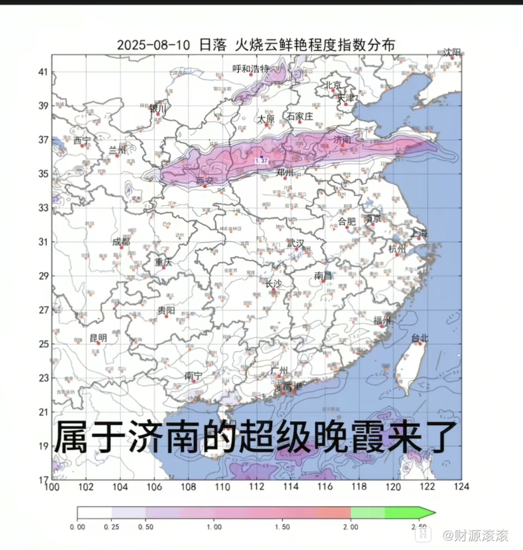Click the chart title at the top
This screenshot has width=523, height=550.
[255, 44]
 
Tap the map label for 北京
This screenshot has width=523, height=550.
[333, 85]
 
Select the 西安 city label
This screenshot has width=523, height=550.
[204, 181]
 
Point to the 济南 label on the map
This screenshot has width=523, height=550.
[342, 140]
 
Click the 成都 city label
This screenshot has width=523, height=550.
[121, 242]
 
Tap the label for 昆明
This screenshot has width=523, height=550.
[98, 338]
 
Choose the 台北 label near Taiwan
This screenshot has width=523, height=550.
[419, 338]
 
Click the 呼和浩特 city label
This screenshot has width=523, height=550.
[251, 69]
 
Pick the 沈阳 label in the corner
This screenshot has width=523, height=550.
[452, 52]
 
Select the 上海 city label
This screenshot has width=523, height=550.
[419, 233]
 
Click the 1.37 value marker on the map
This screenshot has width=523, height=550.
[262, 160]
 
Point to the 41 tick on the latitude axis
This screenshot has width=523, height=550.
[43, 72]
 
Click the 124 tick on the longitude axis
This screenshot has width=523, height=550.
[461, 486]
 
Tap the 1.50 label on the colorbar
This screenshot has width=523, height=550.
[282, 527]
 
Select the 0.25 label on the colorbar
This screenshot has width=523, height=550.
[111, 527]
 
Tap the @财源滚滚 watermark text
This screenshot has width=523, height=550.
[475, 535]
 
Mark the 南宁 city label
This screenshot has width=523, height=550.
[193, 376]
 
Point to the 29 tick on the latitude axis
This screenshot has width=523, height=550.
[43, 276]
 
